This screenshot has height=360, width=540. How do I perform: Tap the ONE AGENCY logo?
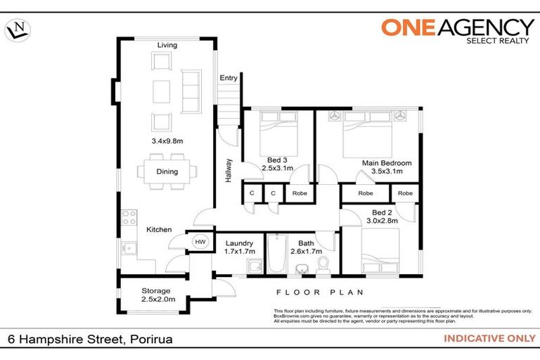pyautogui.click(x=457, y=29)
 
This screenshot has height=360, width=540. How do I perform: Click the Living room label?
pyautogui.click(x=167, y=46)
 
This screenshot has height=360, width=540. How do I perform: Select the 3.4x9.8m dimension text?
pyautogui.click(x=167, y=141)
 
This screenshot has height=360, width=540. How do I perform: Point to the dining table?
pyautogui.click(x=167, y=172)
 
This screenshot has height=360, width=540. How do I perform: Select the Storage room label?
pyautogui.click(x=155, y=291)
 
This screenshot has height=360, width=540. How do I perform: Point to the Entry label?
pyautogui.click(x=229, y=78)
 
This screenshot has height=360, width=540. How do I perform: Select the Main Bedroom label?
pyautogui.click(x=387, y=162)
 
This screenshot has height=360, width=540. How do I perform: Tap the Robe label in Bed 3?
pyautogui.click(x=299, y=193)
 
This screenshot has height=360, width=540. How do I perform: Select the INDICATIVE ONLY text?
pyautogui.click(x=489, y=339)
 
